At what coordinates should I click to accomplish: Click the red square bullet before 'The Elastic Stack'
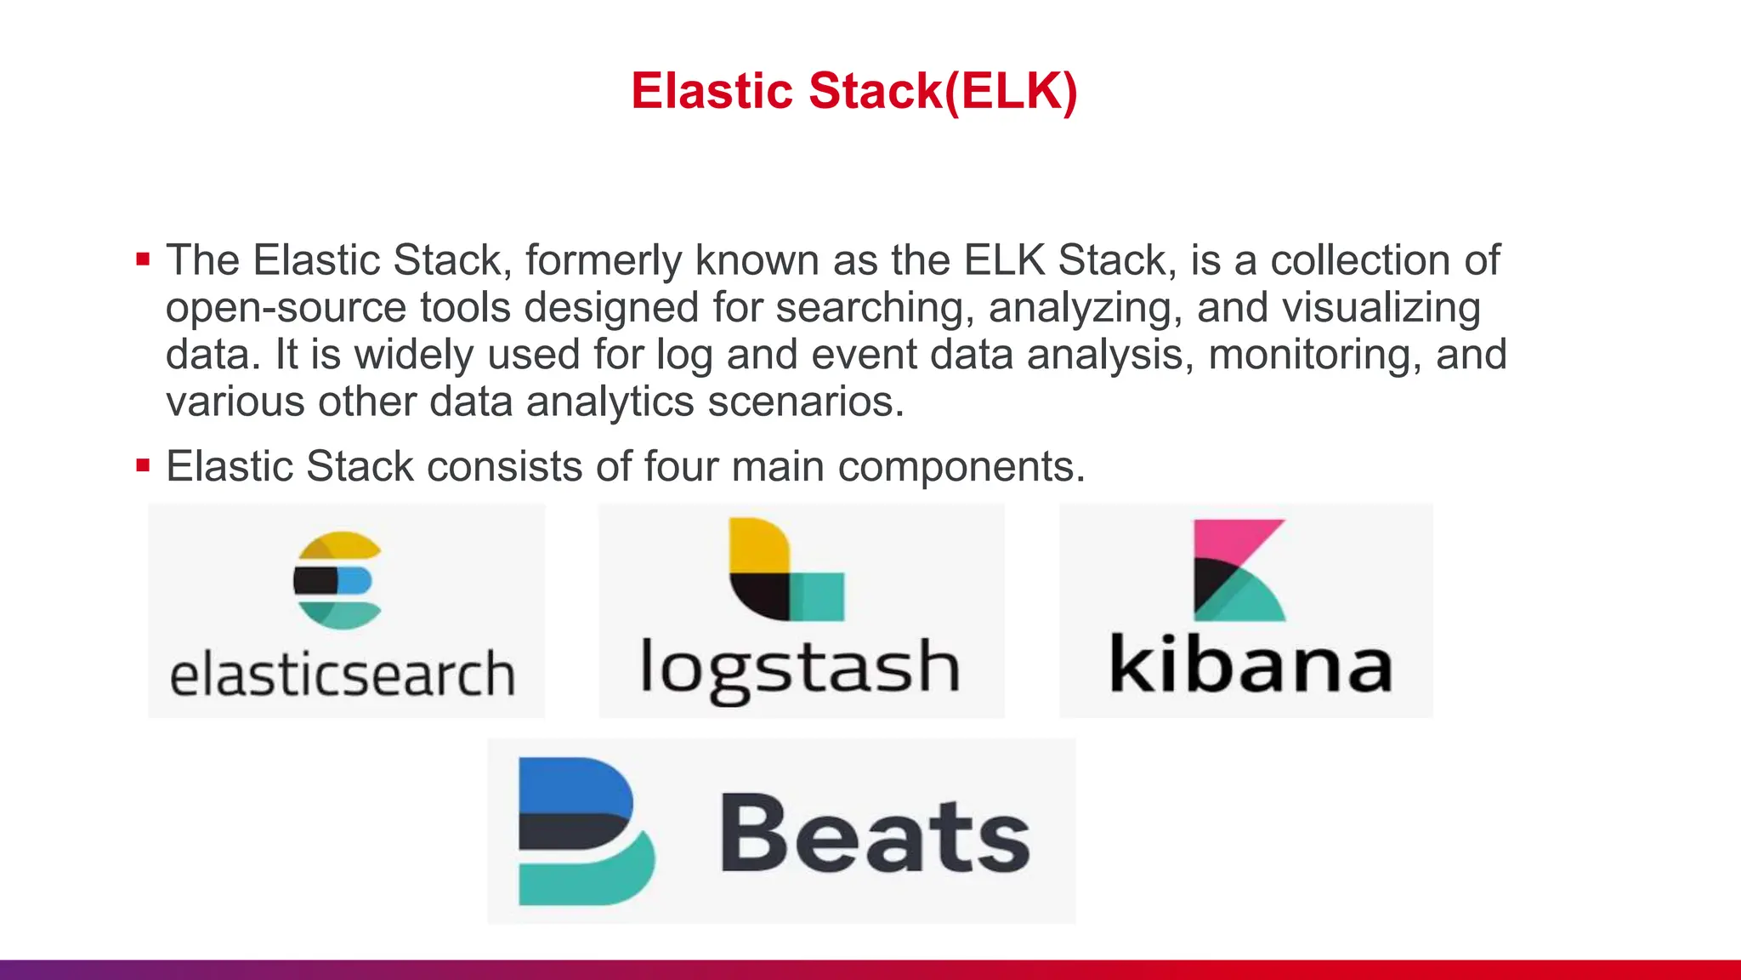pos(143,259)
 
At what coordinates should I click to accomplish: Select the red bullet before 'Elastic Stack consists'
pos(143,465)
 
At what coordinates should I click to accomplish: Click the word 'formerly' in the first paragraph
pos(603,260)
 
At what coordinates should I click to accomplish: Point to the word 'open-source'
pos(286,308)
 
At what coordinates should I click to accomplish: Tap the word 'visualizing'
pos(1381,308)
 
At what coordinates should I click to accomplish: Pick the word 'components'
pos(959,467)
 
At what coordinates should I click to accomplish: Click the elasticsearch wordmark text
pos(343,674)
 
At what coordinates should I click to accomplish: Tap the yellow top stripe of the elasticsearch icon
pos(340,544)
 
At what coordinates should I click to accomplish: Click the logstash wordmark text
pos(799,668)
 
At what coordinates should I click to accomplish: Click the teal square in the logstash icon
pos(818,596)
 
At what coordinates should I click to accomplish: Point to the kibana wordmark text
pos(1250,664)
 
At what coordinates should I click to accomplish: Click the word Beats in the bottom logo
pos(876,834)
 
